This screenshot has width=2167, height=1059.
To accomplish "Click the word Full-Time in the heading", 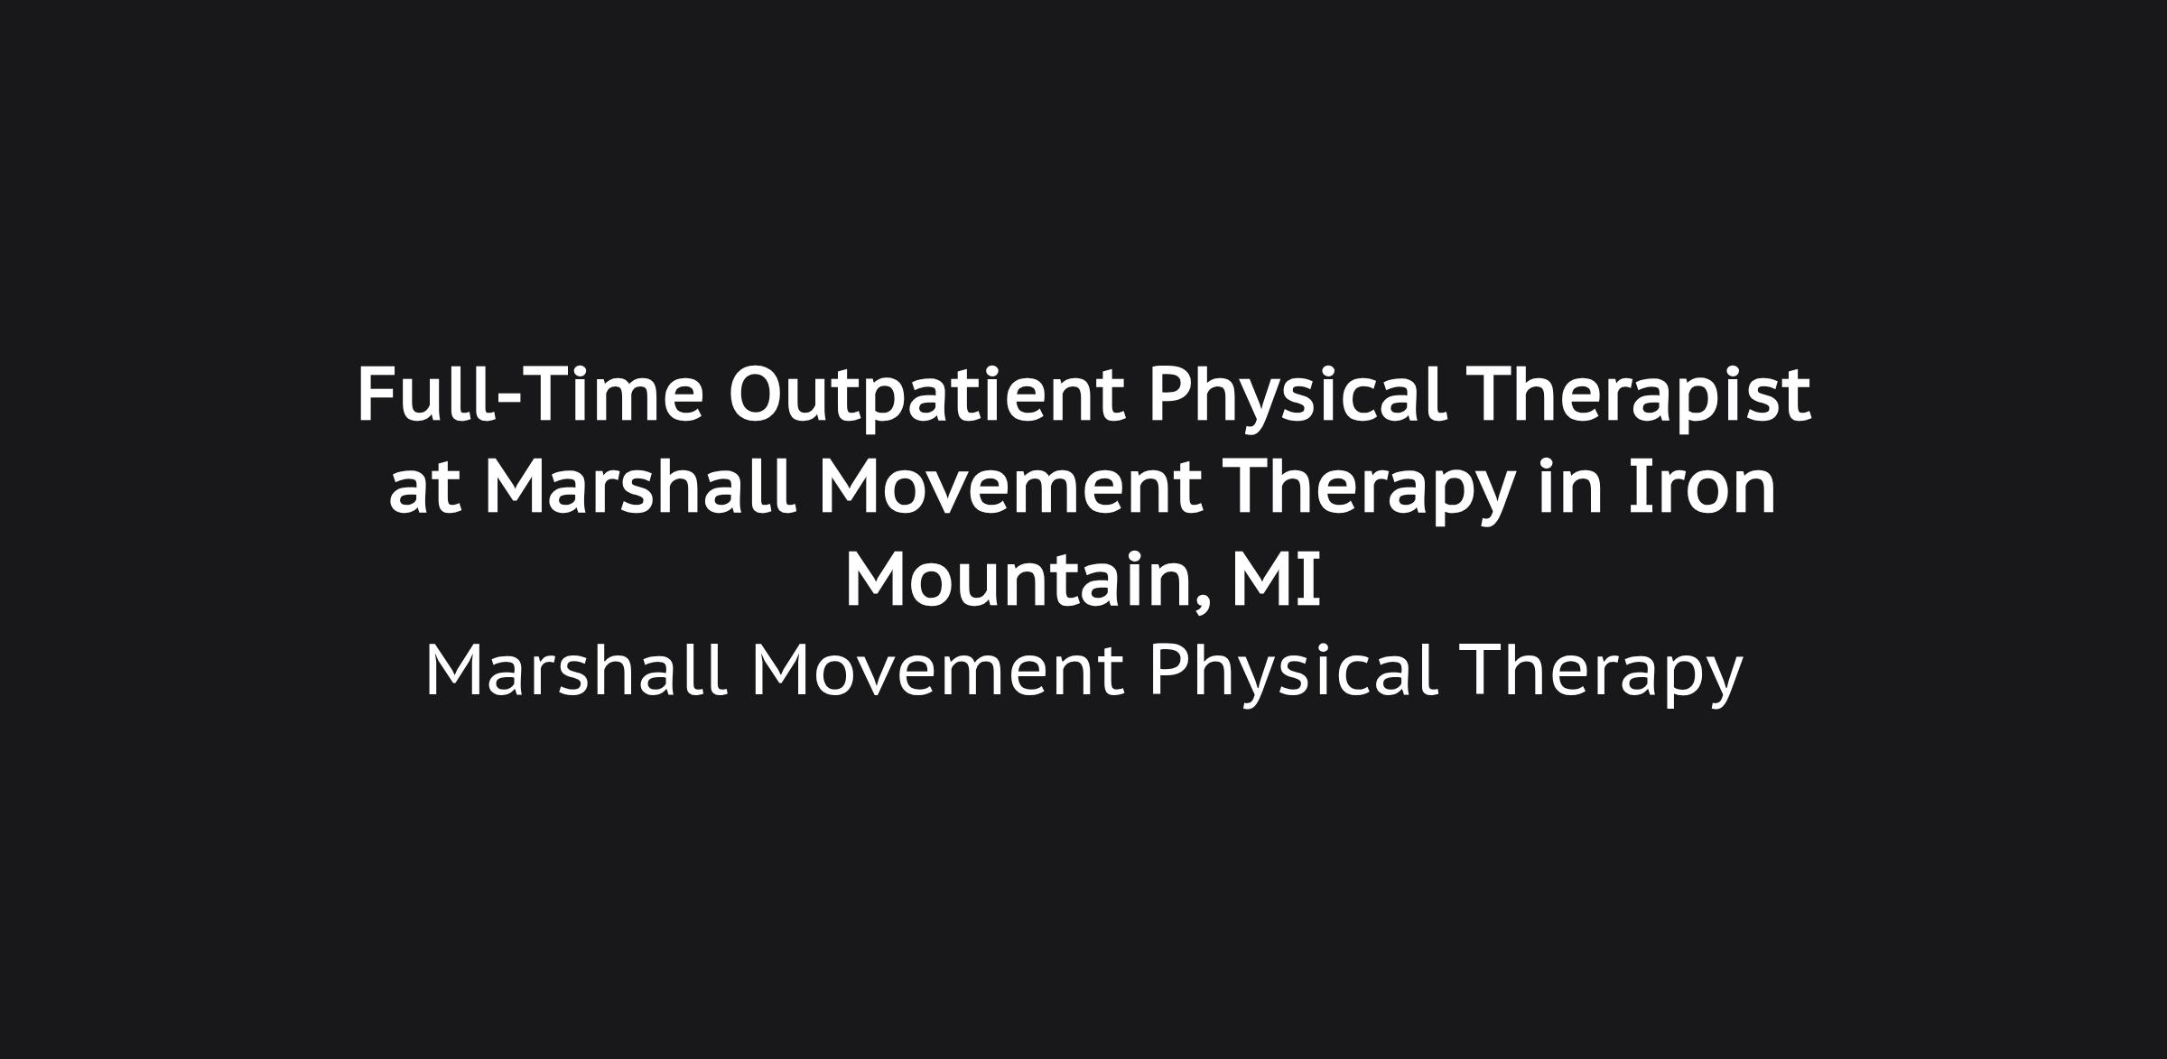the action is [530, 395].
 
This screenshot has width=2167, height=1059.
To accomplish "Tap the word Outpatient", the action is [927, 398].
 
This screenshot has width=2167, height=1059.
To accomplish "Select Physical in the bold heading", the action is [1297, 398].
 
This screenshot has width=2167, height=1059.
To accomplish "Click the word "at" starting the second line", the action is [425, 491].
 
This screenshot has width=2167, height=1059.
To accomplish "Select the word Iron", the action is [1703, 488].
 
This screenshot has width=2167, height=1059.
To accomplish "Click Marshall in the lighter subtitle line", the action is [576, 669].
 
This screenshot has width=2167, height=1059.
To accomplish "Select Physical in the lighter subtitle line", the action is [1293, 673].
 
